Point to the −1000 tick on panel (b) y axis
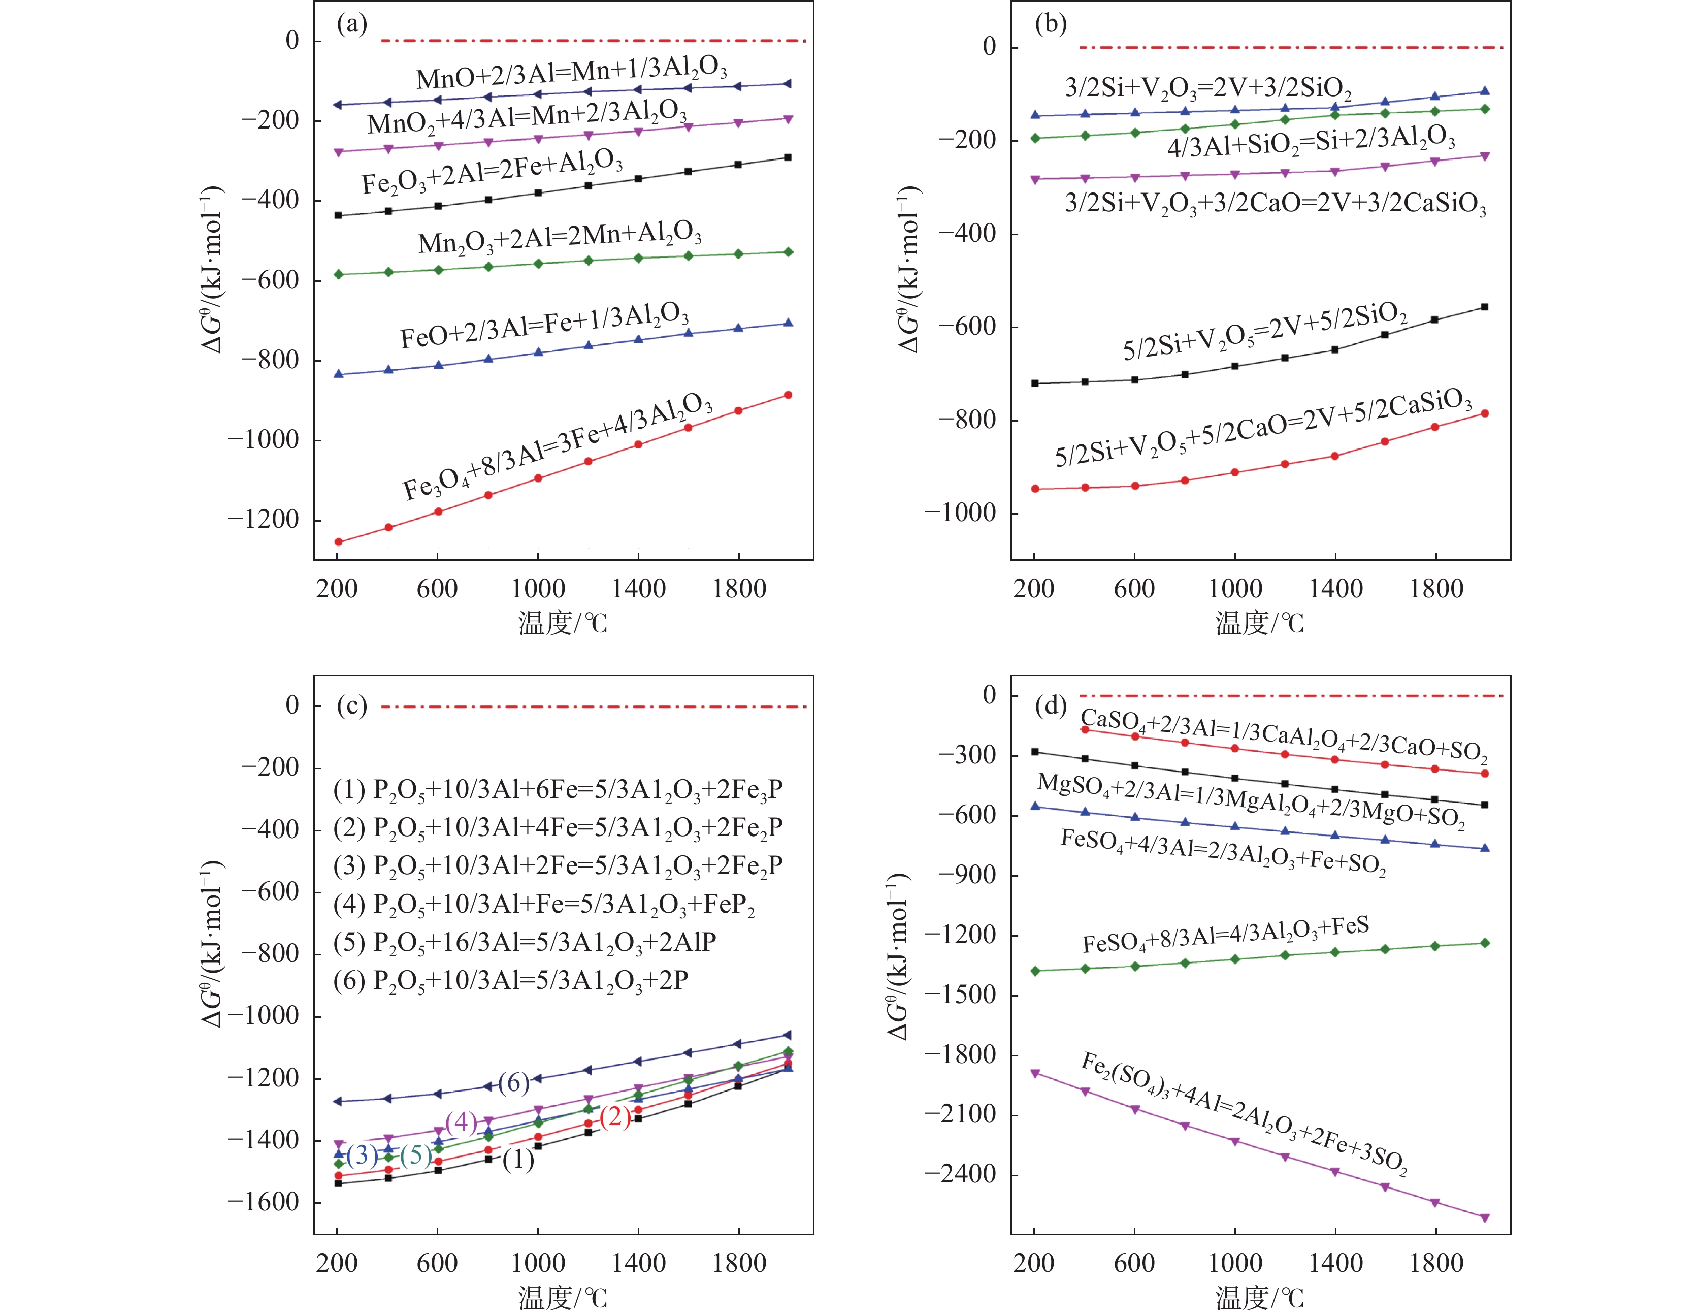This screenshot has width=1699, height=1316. tap(960, 513)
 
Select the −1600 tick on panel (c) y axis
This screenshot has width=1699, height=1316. tap(263, 1202)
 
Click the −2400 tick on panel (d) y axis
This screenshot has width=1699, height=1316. tap(960, 1174)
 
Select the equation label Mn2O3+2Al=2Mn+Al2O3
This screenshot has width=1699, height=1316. tap(560, 237)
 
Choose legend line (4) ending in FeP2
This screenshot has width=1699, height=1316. tap(544, 904)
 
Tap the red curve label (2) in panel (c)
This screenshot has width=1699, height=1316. tap(615, 1117)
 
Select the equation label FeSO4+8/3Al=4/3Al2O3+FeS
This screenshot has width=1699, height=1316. tap(1225, 935)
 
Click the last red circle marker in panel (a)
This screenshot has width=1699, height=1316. tap(788, 395)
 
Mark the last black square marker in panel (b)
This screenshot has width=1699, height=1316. tap(1484, 307)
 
